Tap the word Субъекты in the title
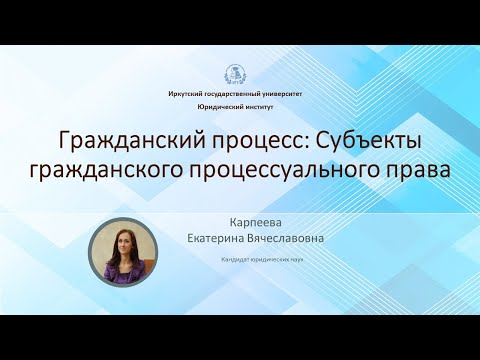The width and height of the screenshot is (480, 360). [x=375, y=139]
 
